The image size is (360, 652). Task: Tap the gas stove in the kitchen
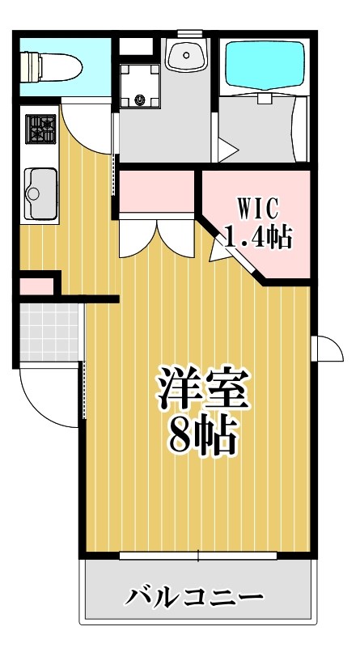[x=40, y=129]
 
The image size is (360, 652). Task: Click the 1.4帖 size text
[x=257, y=236]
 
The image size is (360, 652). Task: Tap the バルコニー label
[x=194, y=599]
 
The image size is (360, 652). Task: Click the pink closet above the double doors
[x=157, y=190]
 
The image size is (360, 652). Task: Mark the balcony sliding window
[x=199, y=556]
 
